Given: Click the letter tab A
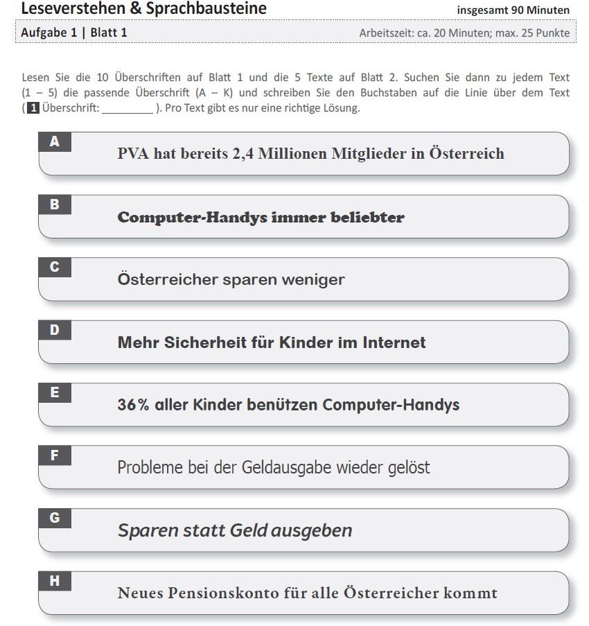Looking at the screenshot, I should pyautogui.click(x=55, y=141).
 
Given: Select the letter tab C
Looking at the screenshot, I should pyautogui.click(x=55, y=267).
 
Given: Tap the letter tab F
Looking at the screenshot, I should pyautogui.click(x=55, y=455).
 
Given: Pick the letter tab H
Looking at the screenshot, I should pyautogui.click(x=55, y=581).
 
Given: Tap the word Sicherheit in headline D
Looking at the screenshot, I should pyautogui.click(x=208, y=342).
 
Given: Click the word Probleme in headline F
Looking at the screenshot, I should pyautogui.click(x=146, y=468).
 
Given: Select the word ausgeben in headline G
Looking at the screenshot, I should pyautogui.click(x=311, y=531).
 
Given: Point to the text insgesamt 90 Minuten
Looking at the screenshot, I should pyautogui.click(x=513, y=10).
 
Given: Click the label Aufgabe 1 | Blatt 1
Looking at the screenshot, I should pyautogui.click(x=73, y=33).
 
